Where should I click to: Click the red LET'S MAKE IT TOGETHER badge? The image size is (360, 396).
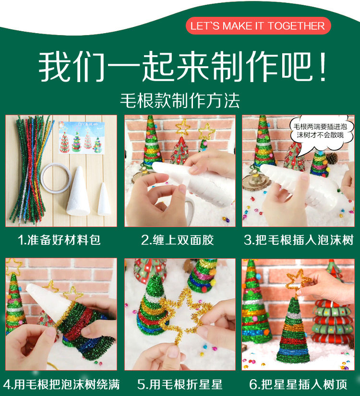tap(258, 26)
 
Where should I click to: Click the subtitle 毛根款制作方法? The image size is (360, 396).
tap(180, 101)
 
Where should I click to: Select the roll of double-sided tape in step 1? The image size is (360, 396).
tap(56, 178)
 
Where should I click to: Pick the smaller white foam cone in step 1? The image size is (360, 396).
tap(104, 200)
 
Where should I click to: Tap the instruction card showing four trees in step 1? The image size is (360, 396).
tap(81, 138)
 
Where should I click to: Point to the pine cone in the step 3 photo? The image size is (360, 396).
tap(332, 158)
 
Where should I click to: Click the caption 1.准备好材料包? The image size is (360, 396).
tap(59, 240)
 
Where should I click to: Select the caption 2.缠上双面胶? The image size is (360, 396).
tap(178, 240)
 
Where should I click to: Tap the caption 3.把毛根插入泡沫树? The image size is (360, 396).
tap(299, 240)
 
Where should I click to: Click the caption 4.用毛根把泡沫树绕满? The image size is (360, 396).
tap(61, 384)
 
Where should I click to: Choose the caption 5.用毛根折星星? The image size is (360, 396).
tap(180, 384)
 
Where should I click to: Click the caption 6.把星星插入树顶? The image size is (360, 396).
tap(298, 384)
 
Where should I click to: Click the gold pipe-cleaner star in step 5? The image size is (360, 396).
tap(186, 316)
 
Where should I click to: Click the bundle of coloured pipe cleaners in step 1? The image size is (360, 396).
tap(30, 169)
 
